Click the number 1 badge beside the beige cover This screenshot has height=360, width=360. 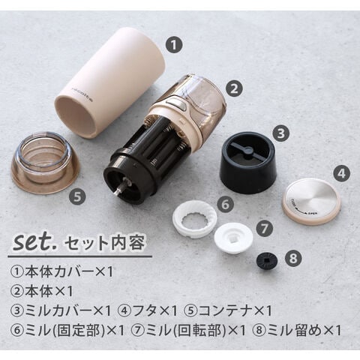click(x=174, y=45)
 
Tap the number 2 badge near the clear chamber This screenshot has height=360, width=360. click(x=234, y=88)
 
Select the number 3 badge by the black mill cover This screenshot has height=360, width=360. click(x=281, y=133)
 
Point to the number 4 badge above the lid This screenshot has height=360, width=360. click(x=342, y=173)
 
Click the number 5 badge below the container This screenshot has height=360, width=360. click(x=77, y=196)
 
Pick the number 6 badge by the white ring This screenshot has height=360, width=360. click(x=225, y=204)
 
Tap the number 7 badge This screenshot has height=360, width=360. click(x=265, y=229)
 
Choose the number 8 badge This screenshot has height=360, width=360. click(x=293, y=258)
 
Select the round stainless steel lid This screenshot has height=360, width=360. click(x=311, y=202)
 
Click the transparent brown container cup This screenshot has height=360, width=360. click(x=45, y=163)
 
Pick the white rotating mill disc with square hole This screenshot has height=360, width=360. click(x=233, y=238)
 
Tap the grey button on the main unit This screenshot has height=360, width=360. click(x=176, y=103)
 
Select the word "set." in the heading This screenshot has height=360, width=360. click(x=35, y=241)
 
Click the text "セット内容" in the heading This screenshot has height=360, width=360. click(x=104, y=242)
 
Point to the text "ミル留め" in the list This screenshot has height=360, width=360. click(x=294, y=331)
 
